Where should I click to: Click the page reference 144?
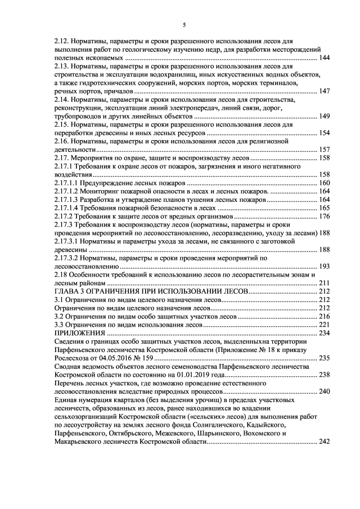(x=324, y=58)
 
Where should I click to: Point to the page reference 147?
(x=324, y=91)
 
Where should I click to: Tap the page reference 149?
(x=324, y=116)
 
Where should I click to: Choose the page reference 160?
(x=324, y=183)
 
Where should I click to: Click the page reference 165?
(x=324, y=208)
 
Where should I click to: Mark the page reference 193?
(x=324, y=266)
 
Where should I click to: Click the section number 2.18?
(x=60, y=274)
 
